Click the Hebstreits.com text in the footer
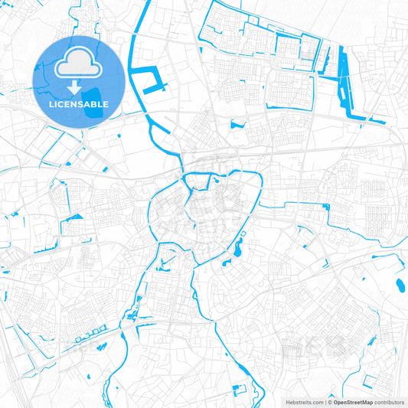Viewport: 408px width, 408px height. (x=304, y=402)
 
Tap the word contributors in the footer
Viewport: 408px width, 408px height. (x=388, y=402)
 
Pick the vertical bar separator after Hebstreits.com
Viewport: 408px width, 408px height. (x=325, y=402)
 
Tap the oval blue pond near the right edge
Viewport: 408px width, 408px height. (x=400, y=286)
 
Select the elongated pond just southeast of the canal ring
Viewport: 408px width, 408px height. (x=237, y=247)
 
